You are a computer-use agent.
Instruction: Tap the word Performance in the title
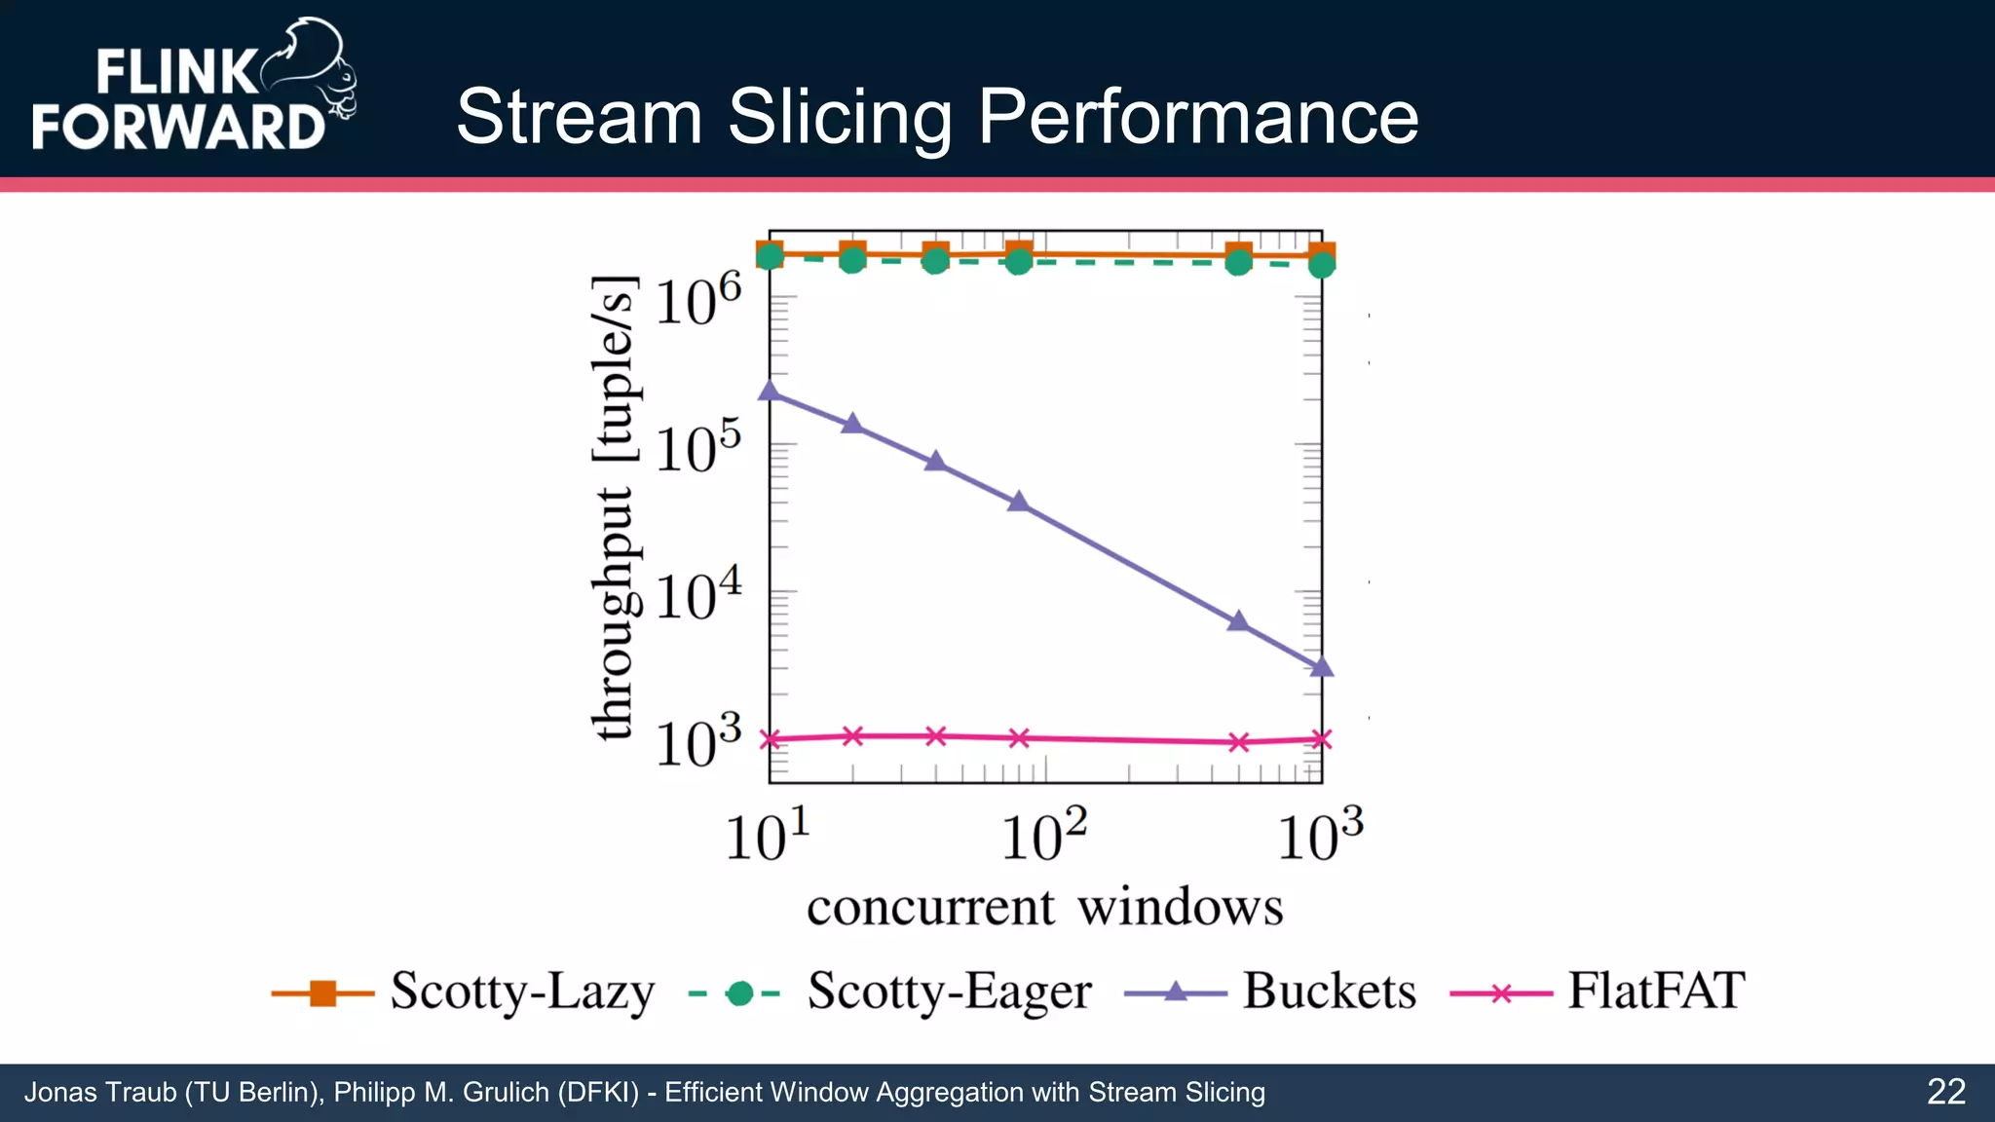pyautogui.click(x=1197, y=117)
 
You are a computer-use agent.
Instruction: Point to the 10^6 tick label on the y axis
pyautogui.click(x=697, y=301)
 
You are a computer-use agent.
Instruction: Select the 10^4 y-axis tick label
pyautogui.click(x=697, y=596)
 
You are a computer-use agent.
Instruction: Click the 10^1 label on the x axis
pyautogui.click(x=768, y=836)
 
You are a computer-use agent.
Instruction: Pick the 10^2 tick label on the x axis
pyautogui.click(x=1043, y=836)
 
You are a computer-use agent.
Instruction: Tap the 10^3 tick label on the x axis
pyautogui.click(x=1320, y=836)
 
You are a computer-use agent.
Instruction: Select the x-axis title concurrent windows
pyautogui.click(x=1044, y=908)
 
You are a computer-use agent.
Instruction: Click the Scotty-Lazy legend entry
pyautogui.click(x=522, y=991)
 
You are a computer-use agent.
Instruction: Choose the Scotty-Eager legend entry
pyautogui.click(x=949, y=991)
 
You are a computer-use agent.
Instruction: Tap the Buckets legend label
pyautogui.click(x=1329, y=991)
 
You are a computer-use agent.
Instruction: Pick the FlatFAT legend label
pyautogui.click(x=1655, y=991)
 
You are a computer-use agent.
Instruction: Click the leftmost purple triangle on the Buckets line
pyautogui.click(x=770, y=391)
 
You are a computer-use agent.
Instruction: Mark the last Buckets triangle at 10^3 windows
pyautogui.click(x=1321, y=667)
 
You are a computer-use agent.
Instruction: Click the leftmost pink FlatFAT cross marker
pyautogui.click(x=770, y=739)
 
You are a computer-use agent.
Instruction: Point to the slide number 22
pyautogui.click(x=1945, y=1092)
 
